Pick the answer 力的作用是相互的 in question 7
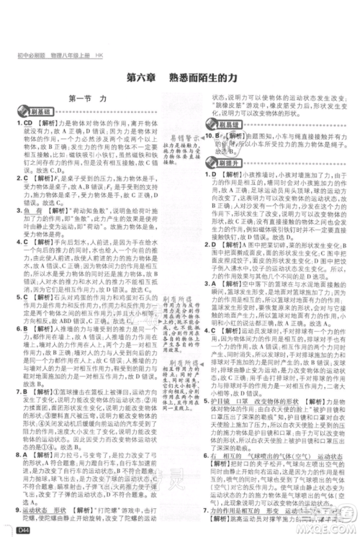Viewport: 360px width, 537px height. [x=236, y=508]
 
